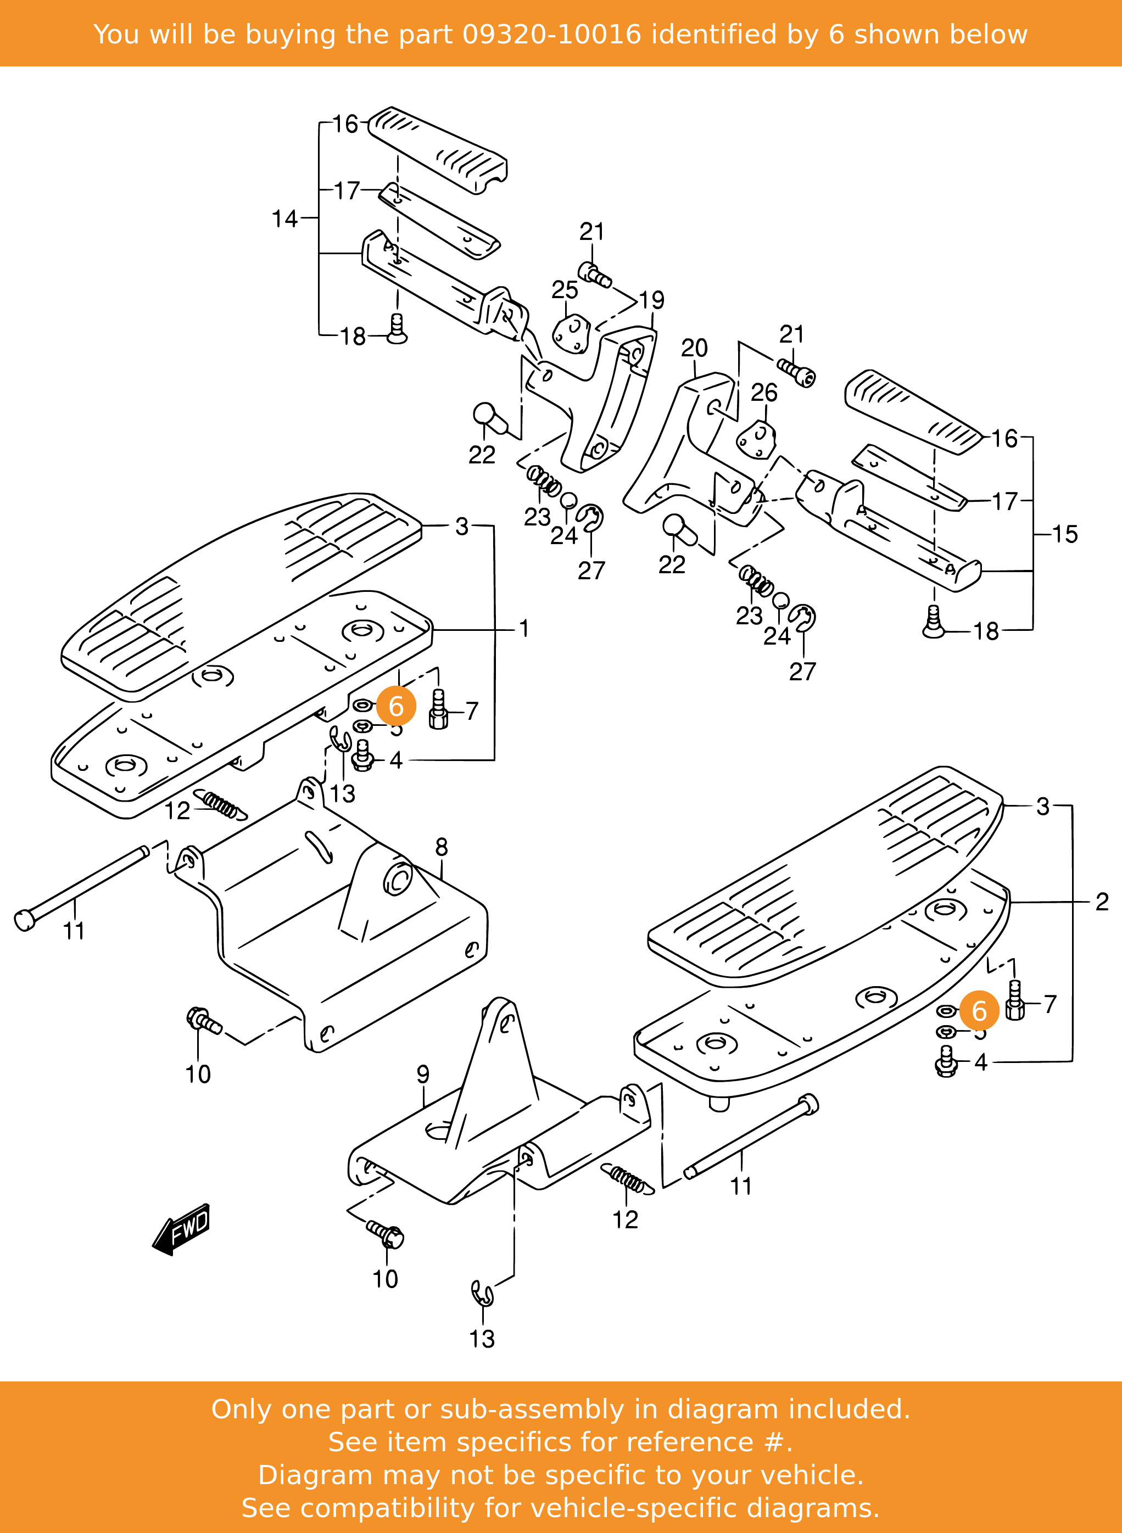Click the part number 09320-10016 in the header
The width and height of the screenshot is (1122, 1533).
click(551, 34)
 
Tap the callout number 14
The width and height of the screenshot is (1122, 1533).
click(284, 219)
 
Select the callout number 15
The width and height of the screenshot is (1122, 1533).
click(1065, 534)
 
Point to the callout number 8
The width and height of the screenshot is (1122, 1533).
click(442, 847)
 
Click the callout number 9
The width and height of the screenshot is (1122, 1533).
click(423, 1074)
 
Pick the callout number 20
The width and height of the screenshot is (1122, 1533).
click(694, 348)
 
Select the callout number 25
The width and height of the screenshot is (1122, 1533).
click(565, 289)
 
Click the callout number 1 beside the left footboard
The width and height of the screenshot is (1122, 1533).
click(523, 628)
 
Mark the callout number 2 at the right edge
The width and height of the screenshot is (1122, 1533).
click(1102, 902)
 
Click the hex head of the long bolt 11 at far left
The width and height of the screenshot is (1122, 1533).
click(25, 921)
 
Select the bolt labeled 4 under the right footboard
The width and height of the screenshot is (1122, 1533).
click(945, 1062)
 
